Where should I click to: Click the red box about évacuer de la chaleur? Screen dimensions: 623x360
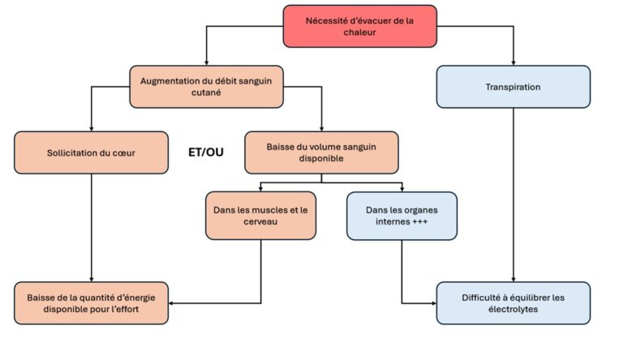pyautogui.click(x=359, y=26)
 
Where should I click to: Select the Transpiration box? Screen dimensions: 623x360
pyautogui.click(x=513, y=87)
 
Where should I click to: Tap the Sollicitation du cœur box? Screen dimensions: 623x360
pyautogui.click(x=91, y=152)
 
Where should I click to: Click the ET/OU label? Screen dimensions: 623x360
pyautogui.click(x=206, y=152)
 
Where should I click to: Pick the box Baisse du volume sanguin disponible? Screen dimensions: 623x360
pyautogui.click(x=321, y=152)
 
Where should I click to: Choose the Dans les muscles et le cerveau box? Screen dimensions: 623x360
pyautogui.click(x=260, y=216)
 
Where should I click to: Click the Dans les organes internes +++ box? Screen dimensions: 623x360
pyautogui.click(x=402, y=216)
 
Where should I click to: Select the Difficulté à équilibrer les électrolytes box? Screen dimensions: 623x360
pyautogui.click(x=513, y=303)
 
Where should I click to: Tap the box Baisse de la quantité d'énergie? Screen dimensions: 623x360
pyautogui.click(x=91, y=303)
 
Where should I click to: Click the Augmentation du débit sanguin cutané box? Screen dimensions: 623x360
pyautogui.click(x=206, y=87)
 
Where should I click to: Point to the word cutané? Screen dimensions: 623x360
pyautogui.click(x=206, y=92)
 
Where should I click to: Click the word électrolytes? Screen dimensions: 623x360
pyautogui.click(x=513, y=309)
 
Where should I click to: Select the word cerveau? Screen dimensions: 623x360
pyautogui.click(x=260, y=221)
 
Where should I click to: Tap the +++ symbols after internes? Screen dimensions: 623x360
pyautogui.click(x=419, y=221)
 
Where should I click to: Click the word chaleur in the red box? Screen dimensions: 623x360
pyautogui.click(x=359, y=32)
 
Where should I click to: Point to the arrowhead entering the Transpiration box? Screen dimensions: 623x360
pyautogui.click(x=513, y=62)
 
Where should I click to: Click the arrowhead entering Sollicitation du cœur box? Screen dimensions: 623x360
pyautogui.click(x=92, y=129)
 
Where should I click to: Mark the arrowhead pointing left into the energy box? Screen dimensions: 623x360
pyautogui.click(x=171, y=303)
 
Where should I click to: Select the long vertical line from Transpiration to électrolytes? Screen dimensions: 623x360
pyautogui.click(x=513, y=195)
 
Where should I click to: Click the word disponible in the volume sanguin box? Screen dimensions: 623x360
pyautogui.click(x=321, y=159)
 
